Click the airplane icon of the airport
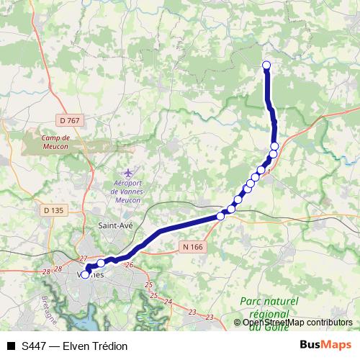pos(128,174)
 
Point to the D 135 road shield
pos(54,210)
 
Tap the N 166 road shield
pos(188,247)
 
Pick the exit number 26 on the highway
pos(130,265)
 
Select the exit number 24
pos(168,301)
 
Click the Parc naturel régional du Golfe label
pos(268,308)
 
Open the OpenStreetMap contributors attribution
pos(297,323)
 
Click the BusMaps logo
pos(325,345)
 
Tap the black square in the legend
pos(11,346)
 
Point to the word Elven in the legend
pos(76,346)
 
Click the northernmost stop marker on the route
pos(266,66)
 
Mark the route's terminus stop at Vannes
pos(85,274)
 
